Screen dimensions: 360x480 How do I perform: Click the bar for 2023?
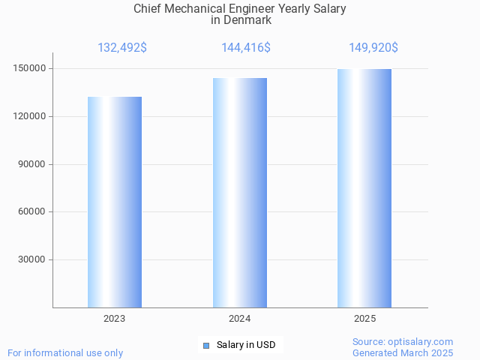pos(115,202)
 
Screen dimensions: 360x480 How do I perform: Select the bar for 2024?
pos(240,193)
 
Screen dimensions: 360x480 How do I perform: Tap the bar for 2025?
pos(364,188)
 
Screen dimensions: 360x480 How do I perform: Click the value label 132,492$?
pos(122,48)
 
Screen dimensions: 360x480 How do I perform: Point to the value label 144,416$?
pos(246,48)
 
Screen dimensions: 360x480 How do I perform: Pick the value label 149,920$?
pos(373,48)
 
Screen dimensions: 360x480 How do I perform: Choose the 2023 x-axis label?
pos(115,319)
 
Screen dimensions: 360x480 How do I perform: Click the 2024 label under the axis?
pos(240,319)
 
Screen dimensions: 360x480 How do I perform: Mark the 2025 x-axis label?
pos(364,319)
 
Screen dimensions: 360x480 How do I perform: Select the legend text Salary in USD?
pos(246,345)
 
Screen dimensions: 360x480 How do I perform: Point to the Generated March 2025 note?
pos(403,352)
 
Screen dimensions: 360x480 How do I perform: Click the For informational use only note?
pos(65,352)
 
